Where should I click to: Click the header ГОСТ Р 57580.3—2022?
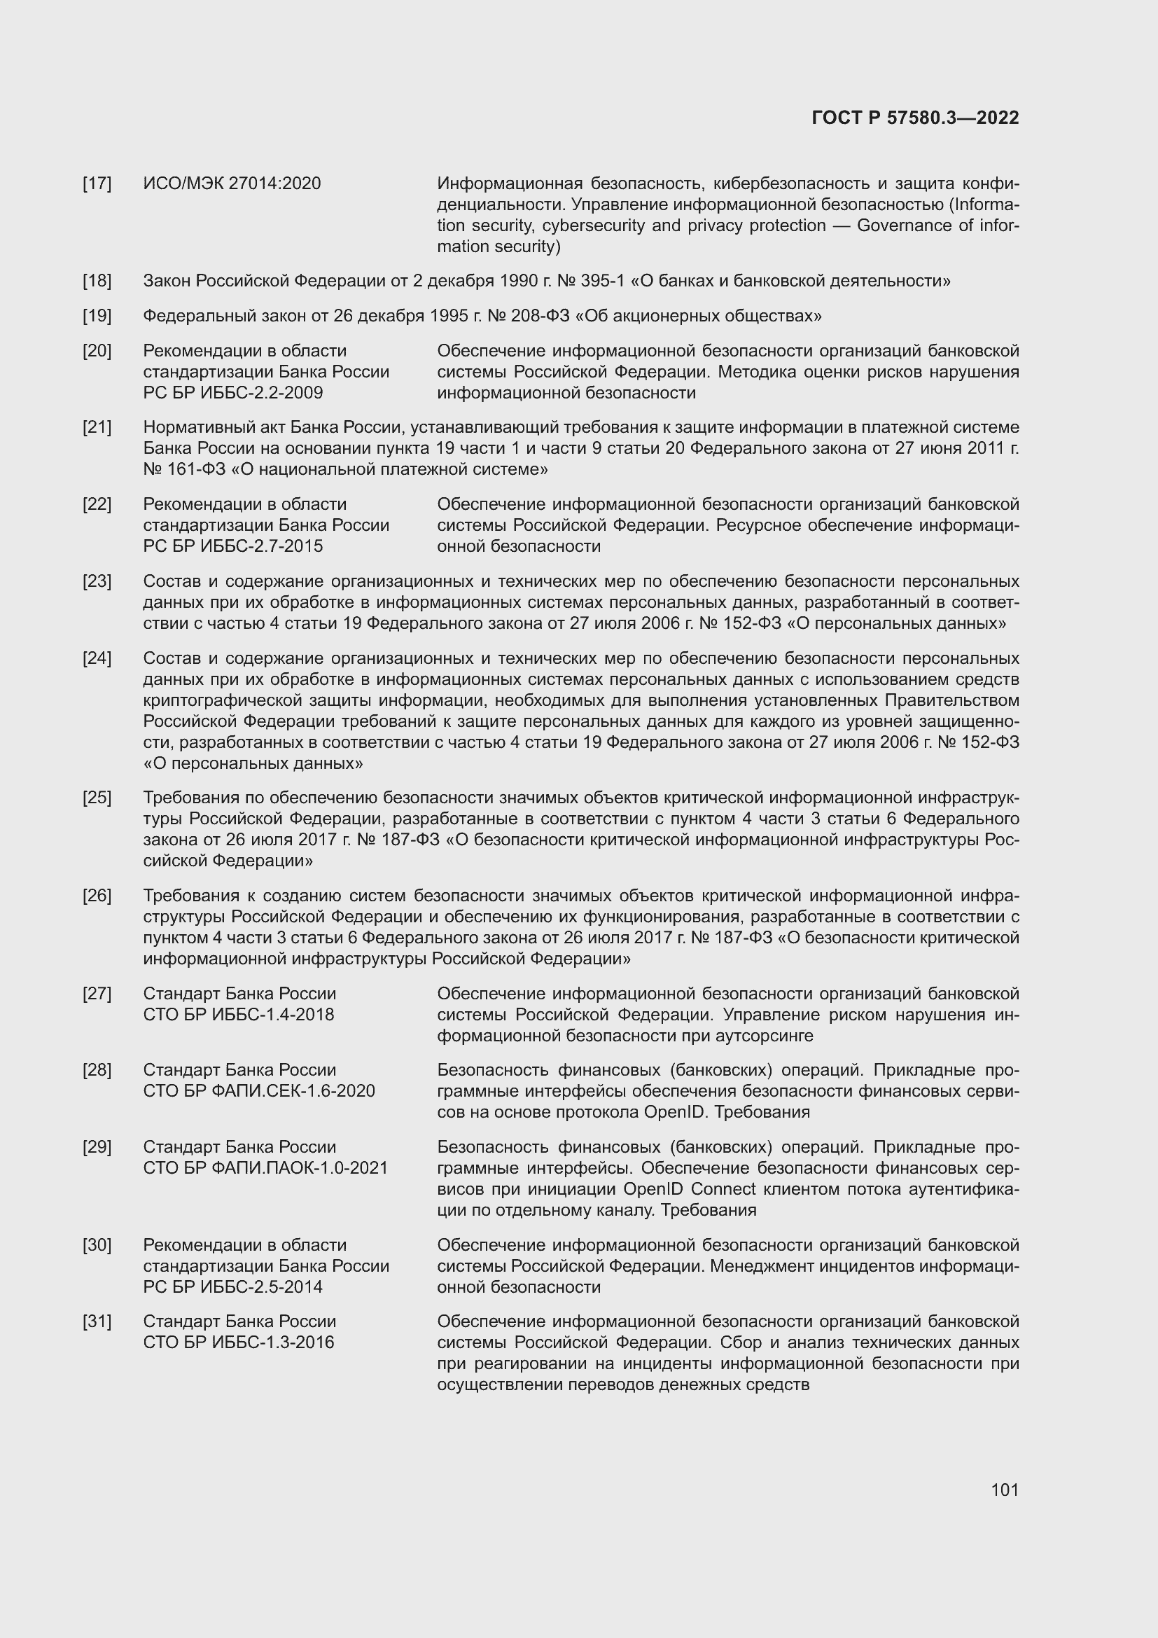[915, 118]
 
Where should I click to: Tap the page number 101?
[1005, 1490]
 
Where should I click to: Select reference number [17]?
[97, 183]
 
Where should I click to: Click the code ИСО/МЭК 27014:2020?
[232, 183]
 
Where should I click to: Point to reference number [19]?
[97, 315]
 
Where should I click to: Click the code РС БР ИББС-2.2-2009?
[232, 392]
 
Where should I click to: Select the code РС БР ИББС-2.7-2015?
[232, 546]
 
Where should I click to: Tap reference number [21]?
[97, 426]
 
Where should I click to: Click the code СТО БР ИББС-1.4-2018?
[238, 1014]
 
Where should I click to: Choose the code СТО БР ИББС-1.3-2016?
[238, 1342]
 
